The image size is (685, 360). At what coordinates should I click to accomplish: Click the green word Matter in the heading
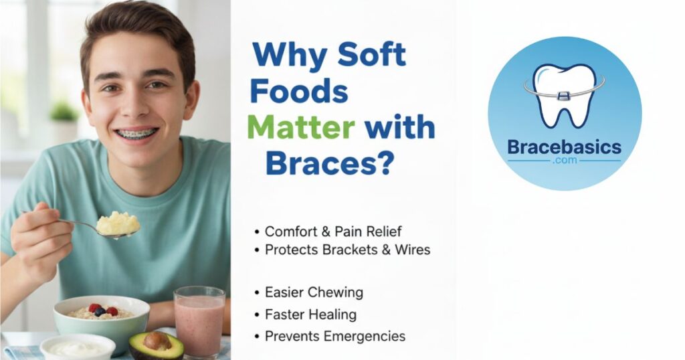point(301,128)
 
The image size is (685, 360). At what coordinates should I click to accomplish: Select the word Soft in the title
point(372,55)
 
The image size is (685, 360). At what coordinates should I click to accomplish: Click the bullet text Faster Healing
point(310,314)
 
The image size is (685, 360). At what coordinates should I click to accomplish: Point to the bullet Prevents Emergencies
point(334,337)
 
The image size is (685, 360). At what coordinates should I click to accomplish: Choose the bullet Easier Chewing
point(314,292)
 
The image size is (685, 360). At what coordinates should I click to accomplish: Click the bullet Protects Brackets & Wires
point(347,250)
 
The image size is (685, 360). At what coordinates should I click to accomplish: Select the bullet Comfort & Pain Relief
point(333,231)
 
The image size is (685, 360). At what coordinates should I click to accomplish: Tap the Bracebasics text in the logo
point(564,147)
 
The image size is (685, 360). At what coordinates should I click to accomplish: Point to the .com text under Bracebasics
point(565,161)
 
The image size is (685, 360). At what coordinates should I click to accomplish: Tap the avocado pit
point(157,341)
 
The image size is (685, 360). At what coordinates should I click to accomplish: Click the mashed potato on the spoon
point(118,223)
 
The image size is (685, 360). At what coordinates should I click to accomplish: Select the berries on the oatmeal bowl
point(103,310)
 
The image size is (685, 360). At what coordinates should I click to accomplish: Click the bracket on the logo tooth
point(563,95)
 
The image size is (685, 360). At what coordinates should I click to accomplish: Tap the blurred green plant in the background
point(64,112)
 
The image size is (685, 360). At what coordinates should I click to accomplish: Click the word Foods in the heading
point(299,92)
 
